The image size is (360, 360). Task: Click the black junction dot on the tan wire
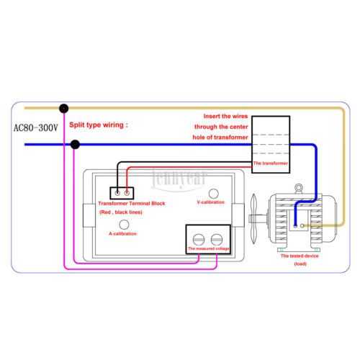pos(64,109)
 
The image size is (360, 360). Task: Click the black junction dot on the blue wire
pos(75,145)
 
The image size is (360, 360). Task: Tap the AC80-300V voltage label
pos(36,127)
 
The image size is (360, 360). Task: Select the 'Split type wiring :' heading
pos(99,125)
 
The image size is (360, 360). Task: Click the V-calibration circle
pos(214,194)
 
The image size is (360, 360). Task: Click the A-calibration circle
pos(124,225)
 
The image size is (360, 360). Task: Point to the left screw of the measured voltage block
pos(199,240)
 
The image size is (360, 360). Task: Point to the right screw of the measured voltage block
pos(217,240)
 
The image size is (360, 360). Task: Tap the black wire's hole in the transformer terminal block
pos(117,193)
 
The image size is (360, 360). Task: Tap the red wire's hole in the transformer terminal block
pos(127,193)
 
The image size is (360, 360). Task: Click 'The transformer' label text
pos(271,163)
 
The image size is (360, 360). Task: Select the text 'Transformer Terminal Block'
pos(132,204)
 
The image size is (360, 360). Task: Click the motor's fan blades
pos(254,219)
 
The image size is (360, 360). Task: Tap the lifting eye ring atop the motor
pos(298,186)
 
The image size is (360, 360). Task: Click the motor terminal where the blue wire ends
pos(295,226)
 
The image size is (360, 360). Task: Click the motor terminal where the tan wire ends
pos(302,225)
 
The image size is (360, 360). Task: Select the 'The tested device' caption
pos(300,256)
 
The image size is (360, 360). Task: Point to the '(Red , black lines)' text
pos(121,212)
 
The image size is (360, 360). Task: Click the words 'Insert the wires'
pos(225,116)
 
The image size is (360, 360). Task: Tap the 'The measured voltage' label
pos(209,248)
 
